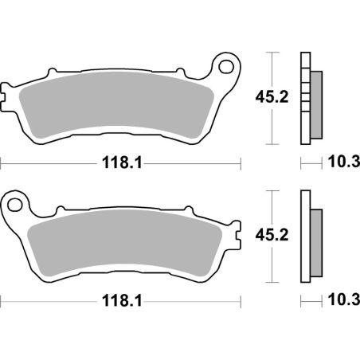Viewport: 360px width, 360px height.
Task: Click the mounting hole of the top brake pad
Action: pyautogui.click(x=228, y=65)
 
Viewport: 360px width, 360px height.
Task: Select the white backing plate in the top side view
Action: pyautogui.click(x=304, y=99)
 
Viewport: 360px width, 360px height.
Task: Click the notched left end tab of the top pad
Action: pyautogui.click(x=9, y=95)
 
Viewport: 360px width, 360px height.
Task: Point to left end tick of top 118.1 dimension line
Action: pyautogui.click(x=2, y=163)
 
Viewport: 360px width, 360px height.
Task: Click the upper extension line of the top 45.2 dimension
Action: pyautogui.click(x=274, y=53)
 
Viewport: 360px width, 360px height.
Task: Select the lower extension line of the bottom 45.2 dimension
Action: pyautogui.click(x=274, y=280)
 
